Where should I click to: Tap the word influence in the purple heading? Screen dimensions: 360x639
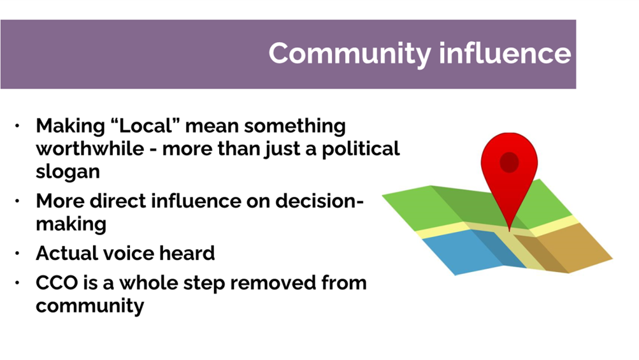505,53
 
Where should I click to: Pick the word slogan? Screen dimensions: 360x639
68,172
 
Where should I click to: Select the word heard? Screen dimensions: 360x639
188,253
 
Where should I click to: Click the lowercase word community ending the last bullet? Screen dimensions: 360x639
90,305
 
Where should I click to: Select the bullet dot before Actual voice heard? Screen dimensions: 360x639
18,254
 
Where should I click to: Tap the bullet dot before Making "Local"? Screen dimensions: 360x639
18,126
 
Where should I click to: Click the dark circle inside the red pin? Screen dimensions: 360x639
509,162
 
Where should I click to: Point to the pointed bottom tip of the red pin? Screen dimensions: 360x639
510,230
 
